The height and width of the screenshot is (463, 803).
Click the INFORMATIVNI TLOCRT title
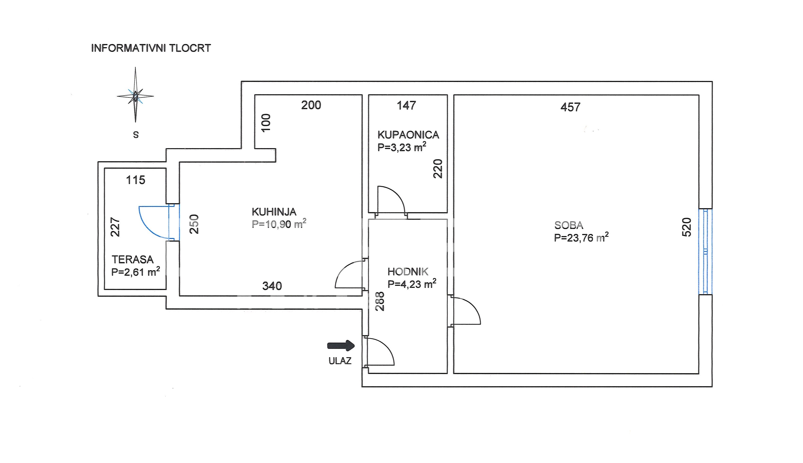[x=151, y=48]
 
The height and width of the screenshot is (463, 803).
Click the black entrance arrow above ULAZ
[x=341, y=345]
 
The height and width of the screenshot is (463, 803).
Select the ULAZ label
[x=340, y=361]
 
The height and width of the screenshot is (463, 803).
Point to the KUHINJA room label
[x=274, y=212]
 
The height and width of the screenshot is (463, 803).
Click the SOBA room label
[x=569, y=225]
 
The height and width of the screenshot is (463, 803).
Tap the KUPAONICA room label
[x=408, y=135]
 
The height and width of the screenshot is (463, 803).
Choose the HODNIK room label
[x=408, y=272]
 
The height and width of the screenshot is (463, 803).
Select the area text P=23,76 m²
[x=581, y=237]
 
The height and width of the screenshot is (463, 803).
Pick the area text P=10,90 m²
[x=279, y=224]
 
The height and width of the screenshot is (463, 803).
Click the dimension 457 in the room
[x=570, y=107]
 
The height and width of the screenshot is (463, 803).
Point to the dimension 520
[x=687, y=227]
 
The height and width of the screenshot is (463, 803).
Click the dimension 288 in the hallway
[x=380, y=301]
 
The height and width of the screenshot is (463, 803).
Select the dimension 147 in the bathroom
[x=406, y=105]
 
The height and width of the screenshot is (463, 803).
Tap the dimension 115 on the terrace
[x=135, y=180]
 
